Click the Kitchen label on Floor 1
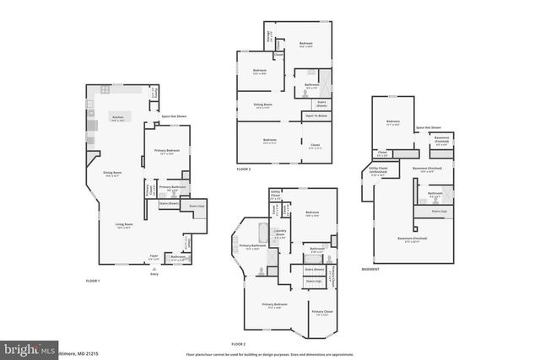click(118, 117)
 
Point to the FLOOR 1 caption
click(93, 280)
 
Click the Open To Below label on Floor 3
click(316, 116)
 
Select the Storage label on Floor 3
click(269, 38)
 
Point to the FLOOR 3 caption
click(244, 170)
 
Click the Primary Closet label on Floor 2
click(322, 312)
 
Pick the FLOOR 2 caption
click(238, 344)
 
